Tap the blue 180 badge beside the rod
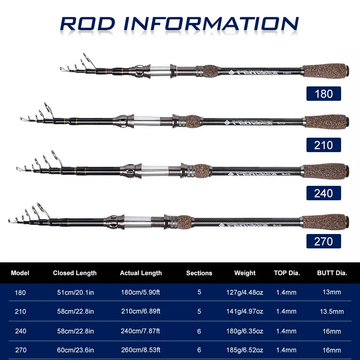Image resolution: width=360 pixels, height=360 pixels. point(324,94)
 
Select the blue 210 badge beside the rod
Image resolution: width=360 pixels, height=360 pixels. point(324,145)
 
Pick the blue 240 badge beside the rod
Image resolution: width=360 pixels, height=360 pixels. point(324,193)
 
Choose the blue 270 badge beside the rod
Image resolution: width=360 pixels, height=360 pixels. point(324,241)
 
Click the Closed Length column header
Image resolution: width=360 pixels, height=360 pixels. point(75,273)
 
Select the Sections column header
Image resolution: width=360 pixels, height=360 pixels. point(199,273)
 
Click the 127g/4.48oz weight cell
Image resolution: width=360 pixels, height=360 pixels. point(245,292)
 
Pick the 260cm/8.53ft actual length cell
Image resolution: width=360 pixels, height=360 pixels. point(140,350)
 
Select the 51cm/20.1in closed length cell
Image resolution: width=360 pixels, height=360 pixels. point(75,292)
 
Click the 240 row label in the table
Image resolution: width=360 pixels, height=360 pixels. point(20,331)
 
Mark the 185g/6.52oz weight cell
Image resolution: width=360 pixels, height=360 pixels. point(245,350)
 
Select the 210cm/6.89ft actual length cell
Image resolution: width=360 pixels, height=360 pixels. point(140,311)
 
